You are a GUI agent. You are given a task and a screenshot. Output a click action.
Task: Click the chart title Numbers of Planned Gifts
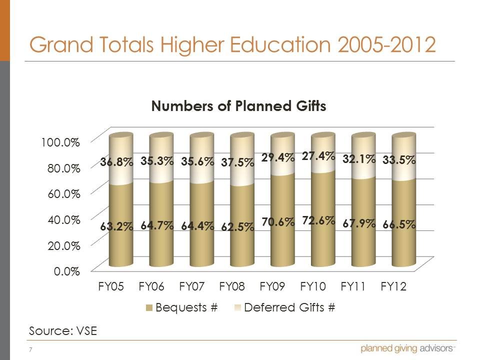click(239, 106)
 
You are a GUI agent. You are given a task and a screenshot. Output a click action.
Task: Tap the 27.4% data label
click(318, 156)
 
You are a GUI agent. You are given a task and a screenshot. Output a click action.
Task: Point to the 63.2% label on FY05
click(116, 226)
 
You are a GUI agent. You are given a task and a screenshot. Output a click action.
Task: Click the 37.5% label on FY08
click(237, 163)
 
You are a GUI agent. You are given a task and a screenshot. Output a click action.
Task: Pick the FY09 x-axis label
click(272, 287)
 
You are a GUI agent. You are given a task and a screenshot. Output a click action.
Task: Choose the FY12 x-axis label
click(393, 287)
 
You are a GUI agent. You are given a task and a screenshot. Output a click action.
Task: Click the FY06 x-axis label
click(151, 287)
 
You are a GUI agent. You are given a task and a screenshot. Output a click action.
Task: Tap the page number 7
click(31, 349)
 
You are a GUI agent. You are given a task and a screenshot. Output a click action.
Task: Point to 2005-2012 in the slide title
click(385, 44)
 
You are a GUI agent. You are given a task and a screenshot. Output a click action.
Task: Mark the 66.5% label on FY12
click(399, 224)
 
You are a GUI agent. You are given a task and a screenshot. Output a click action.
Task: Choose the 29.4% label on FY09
click(277, 158)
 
